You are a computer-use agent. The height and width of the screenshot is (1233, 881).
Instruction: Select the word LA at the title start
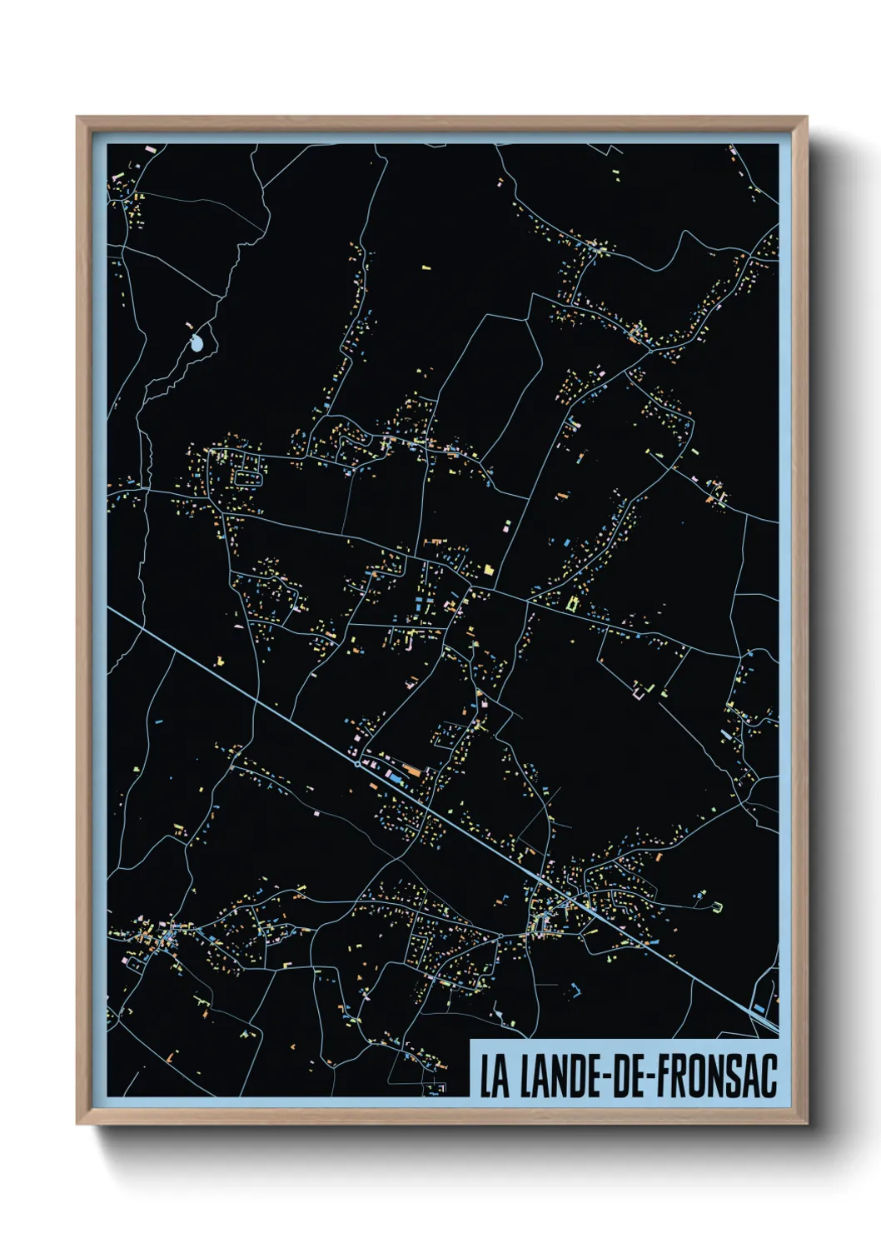tap(494, 1076)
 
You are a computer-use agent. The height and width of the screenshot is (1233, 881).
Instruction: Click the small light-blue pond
tap(197, 342)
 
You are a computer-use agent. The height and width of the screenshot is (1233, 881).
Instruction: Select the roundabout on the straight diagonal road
tap(358, 762)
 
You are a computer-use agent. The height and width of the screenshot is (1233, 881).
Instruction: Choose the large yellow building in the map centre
tap(488, 570)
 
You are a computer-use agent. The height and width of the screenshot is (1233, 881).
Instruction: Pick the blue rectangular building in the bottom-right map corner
tap(759, 1009)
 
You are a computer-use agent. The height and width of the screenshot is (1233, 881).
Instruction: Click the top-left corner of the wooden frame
tap(78, 118)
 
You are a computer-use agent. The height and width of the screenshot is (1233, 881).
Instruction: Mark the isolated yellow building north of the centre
tap(426, 267)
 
